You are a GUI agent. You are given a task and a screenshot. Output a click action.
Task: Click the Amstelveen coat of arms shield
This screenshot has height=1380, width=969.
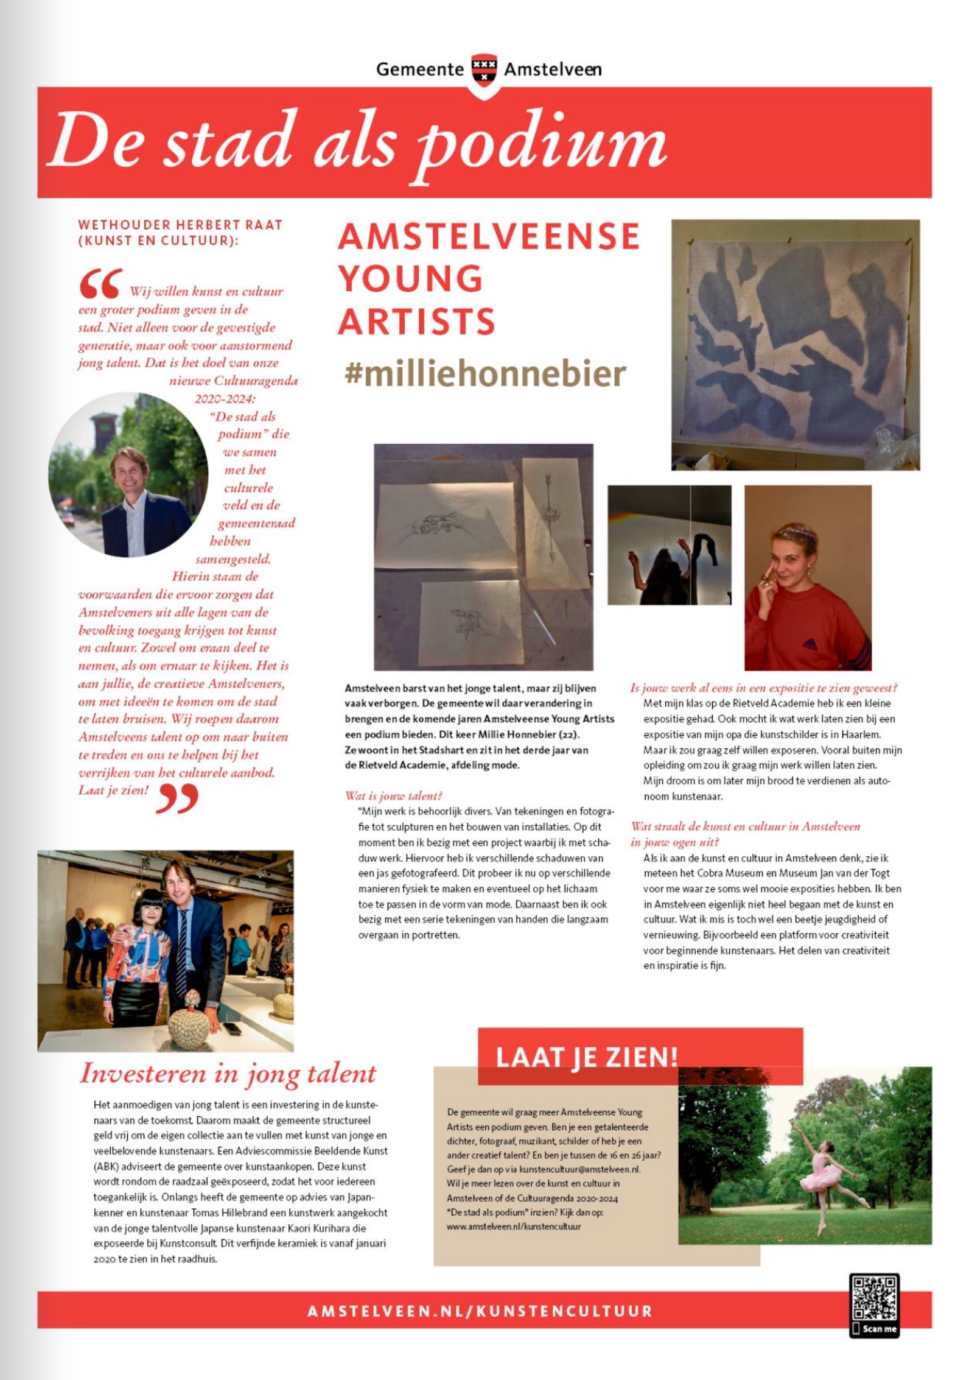[484, 69]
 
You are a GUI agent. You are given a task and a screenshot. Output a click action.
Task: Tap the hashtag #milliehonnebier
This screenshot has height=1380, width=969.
[485, 373]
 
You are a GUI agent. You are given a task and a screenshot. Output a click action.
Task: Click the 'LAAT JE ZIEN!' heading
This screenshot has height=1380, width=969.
[587, 1057]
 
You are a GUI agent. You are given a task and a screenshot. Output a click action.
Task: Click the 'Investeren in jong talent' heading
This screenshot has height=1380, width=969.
[228, 1074]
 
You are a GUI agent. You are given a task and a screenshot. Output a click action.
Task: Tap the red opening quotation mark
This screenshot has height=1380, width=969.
[100, 284]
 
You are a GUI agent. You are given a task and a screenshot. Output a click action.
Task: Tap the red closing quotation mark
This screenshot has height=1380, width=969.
[177, 798]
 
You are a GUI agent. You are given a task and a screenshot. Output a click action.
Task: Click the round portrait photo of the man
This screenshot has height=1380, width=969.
[128, 475]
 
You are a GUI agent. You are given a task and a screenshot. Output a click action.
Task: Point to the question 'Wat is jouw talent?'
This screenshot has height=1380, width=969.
[393, 795]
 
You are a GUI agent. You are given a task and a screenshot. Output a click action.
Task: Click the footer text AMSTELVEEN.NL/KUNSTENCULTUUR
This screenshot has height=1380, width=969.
[480, 1311]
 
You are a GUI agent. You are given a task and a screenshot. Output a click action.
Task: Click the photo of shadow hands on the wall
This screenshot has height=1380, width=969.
[669, 545]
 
